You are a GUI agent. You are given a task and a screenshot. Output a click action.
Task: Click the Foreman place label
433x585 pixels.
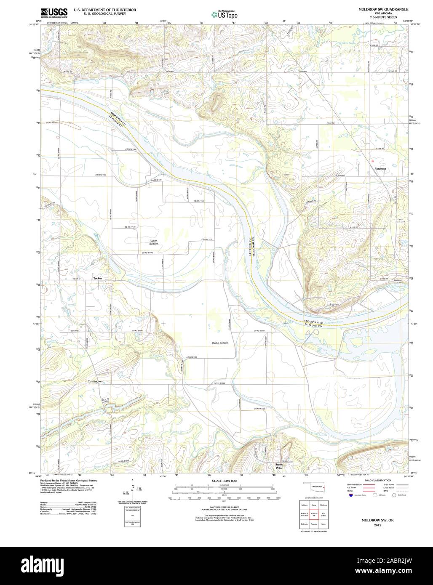[x=380, y=169]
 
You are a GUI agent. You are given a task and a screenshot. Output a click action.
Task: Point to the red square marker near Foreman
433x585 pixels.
[x=372, y=161]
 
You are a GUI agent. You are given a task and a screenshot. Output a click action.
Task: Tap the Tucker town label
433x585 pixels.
[x=98, y=279]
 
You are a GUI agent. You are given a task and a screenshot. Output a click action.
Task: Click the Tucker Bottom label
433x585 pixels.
[x=154, y=242]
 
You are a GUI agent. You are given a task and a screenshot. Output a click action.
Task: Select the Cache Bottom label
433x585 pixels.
[x=220, y=343]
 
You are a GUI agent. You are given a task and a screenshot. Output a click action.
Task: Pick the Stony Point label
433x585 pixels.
[x=279, y=466]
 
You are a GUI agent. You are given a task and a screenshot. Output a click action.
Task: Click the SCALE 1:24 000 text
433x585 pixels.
[x=216, y=481]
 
